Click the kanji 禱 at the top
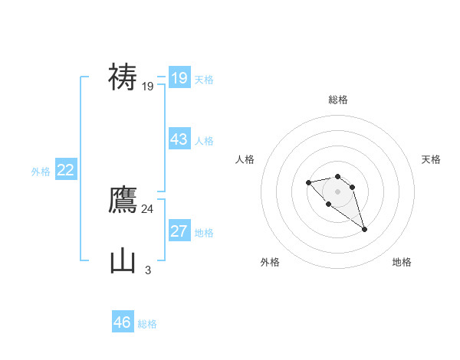click(x=123, y=77)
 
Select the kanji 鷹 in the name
click(x=123, y=201)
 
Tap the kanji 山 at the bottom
click(x=123, y=261)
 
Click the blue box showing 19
click(x=179, y=78)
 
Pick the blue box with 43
click(x=179, y=139)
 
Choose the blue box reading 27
click(x=179, y=231)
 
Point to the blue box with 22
click(x=66, y=170)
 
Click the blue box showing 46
click(x=123, y=322)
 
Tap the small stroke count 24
click(x=147, y=208)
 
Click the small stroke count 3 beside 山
click(x=147, y=270)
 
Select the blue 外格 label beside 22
click(x=41, y=172)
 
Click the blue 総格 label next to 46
click(x=147, y=324)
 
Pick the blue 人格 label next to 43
click(x=204, y=141)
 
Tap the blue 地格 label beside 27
click(x=204, y=233)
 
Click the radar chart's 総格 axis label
click(x=338, y=100)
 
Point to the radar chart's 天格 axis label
click(x=431, y=159)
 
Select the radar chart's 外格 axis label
click(x=270, y=262)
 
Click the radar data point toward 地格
click(x=364, y=229)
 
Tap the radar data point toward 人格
click(x=308, y=182)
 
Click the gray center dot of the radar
click(x=338, y=191)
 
